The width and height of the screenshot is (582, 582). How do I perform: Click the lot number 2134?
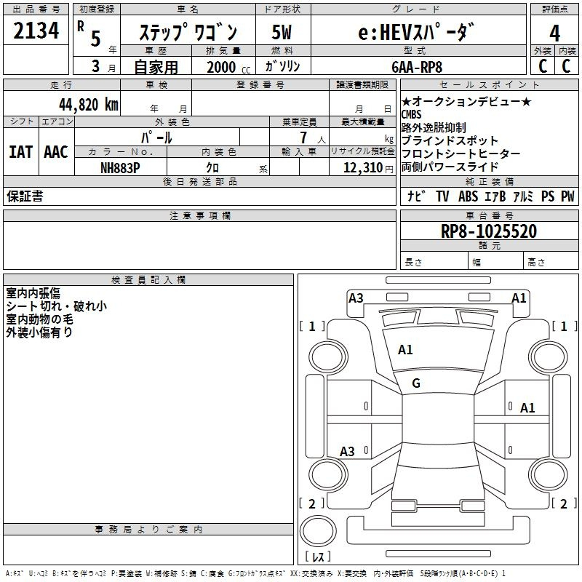pyautogui.click(x=36, y=31)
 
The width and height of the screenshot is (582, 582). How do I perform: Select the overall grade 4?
pyautogui.click(x=554, y=33)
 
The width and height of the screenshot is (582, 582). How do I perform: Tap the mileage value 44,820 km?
pyautogui.click(x=89, y=105)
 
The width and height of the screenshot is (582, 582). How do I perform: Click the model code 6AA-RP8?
pyautogui.click(x=417, y=67)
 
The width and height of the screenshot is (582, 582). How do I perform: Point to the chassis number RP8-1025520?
pyautogui.click(x=489, y=231)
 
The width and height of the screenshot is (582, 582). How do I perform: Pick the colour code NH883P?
pyautogui.click(x=120, y=168)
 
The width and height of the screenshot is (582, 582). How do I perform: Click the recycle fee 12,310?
pyautogui.click(x=362, y=168)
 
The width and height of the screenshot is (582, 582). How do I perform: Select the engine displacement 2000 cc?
pyautogui.click(x=228, y=67)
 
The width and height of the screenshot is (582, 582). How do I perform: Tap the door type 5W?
pyautogui.click(x=282, y=32)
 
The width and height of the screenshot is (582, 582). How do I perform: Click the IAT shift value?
pyautogui.click(x=21, y=152)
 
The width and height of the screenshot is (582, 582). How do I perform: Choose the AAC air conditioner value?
pyautogui.click(x=56, y=152)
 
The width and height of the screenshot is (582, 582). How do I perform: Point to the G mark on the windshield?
pyautogui.click(x=416, y=383)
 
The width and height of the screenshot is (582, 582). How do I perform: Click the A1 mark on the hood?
pyautogui.click(x=405, y=350)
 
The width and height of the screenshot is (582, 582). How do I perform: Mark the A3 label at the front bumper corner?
pyautogui.click(x=356, y=298)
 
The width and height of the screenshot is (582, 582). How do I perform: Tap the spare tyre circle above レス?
pyautogui.click(x=318, y=530)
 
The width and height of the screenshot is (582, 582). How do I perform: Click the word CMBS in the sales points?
pyautogui.click(x=411, y=114)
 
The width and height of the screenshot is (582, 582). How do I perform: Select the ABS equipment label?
pyautogui.click(x=468, y=196)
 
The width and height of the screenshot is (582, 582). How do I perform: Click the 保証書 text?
pyautogui.click(x=25, y=196)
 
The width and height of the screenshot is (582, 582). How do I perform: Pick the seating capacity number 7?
pyautogui.click(x=303, y=137)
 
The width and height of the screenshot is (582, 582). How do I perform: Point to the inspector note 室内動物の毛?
pyautogui.click(x=39, y=319)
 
